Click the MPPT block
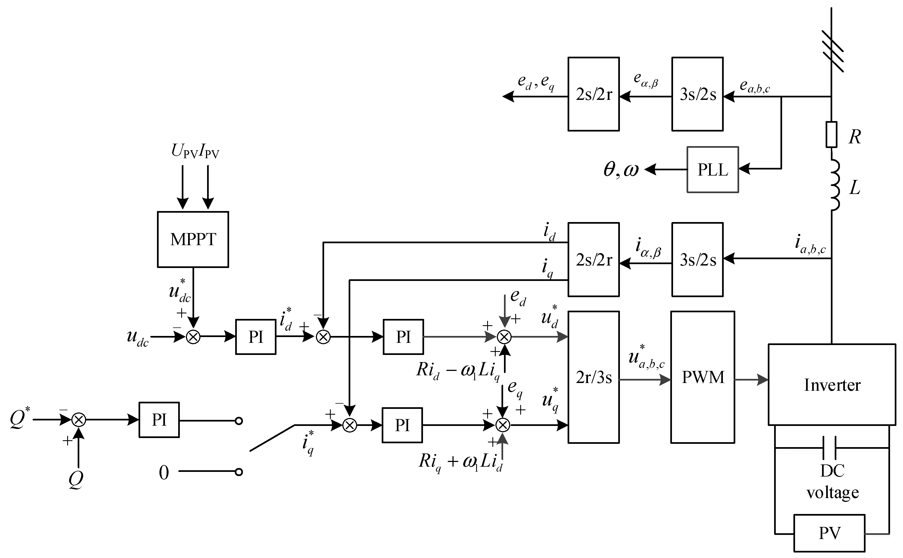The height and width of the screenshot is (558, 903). (193, 239)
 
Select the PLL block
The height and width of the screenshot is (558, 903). (712, 170)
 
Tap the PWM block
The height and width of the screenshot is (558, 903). (703, 377)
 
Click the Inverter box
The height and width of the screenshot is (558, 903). (832, 385)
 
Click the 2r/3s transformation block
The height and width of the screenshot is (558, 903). (593, 377)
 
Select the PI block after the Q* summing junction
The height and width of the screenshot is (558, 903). (159, 420)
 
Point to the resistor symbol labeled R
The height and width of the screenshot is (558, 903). (831, 134)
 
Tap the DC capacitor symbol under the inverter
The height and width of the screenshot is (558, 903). (829, 448)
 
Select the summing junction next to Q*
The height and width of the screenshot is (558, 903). (78, 420)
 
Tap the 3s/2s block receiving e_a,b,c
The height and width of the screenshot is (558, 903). (697, 94)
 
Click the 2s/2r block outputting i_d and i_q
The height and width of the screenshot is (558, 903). (593, 259)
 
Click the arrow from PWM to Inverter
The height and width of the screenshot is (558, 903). (751, 379)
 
